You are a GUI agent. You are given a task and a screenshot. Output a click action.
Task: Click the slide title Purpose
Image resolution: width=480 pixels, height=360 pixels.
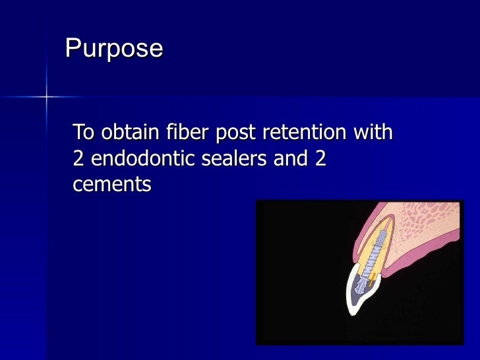pyautogui.click(x=113, y=49)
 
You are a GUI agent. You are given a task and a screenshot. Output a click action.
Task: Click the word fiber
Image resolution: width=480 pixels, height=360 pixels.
pyautogui.click(x=183, y=133)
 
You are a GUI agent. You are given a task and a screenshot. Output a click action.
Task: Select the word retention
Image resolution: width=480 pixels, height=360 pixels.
pyautogui.click(x=305, y=133)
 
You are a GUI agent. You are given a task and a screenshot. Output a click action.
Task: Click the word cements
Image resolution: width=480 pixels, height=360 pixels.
pyautogui.click(x=111, y=185)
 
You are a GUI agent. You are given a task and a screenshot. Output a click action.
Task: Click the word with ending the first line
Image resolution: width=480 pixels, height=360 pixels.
pyautogui.click(x=374, y=133)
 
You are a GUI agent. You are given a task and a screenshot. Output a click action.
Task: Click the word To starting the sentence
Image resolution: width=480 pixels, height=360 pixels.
pyautogui.click(x=84, y=133)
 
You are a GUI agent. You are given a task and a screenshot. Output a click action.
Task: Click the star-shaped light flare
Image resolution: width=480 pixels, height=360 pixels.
pyautogui.click(x=47, y=97)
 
